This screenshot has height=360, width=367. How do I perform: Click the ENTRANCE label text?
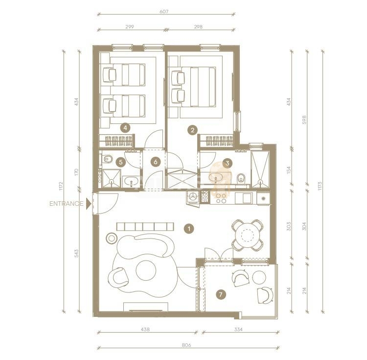click(x=67, y=204)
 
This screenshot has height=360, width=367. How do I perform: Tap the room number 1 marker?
click(x=189, y=228)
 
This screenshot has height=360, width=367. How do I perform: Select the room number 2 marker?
click(x=192, y=130)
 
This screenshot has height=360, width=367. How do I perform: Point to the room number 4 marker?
click(x=125, y=128)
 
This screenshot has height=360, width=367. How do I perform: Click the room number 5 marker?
click(x=121, y=162)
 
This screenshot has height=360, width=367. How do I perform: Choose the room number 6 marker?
click(x=156, y=162)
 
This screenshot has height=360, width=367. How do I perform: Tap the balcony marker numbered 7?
click(x=221, y=294)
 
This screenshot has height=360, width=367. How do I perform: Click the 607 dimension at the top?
click(x=164, y=11)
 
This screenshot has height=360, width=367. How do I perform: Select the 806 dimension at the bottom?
click(x=186, y=345)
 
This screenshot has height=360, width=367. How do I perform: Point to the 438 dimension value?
click(x=145, y=330)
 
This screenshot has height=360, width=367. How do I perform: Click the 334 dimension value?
click(x=238, y=330)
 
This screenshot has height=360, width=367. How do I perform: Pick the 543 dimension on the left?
click(x=76, y=254)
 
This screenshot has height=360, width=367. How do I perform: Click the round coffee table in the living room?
click(x=146, y=270)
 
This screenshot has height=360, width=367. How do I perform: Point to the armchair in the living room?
click(x=118, y=278)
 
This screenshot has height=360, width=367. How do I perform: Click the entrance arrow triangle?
click(x=88, y=204)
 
